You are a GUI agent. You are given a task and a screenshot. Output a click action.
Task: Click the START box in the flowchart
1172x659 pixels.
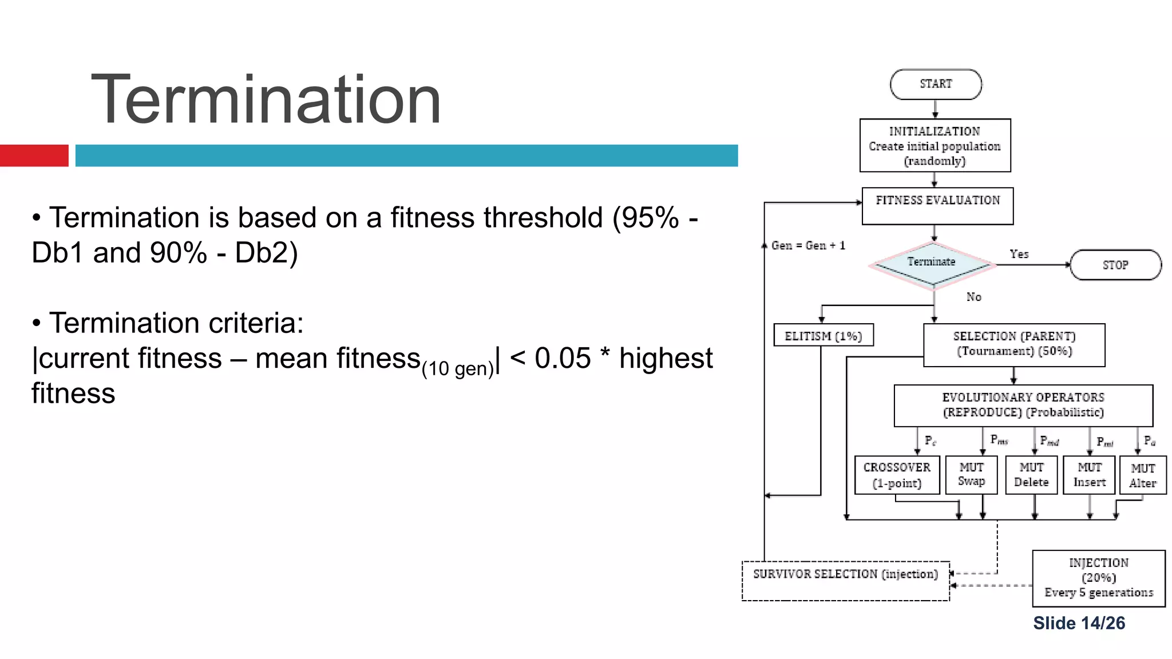pos(936,84)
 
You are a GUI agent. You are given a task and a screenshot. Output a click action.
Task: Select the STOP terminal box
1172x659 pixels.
pos(1115,265)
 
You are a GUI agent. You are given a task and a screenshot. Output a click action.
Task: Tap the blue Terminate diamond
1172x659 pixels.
pos(932,263)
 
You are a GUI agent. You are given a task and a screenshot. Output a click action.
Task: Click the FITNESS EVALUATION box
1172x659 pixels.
pos(937,205)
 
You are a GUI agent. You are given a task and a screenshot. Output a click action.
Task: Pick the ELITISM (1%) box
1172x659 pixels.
pos(823,336)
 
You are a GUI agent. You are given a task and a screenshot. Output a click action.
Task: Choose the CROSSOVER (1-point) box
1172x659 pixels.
pos(897,475)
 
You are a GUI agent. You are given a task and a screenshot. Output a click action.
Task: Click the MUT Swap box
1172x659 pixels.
pos(971,475)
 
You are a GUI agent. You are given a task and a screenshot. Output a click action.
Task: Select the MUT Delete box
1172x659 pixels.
pos(1031,475)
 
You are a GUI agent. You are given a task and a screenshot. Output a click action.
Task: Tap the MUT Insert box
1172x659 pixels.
pos(1089,475)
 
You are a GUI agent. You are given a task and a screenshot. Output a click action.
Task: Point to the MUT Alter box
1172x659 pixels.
pos(1143,475)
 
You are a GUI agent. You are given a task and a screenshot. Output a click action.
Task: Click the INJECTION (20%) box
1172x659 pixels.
pos(1099,578)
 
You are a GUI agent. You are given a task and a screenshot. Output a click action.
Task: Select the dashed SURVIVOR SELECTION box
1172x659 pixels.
pos(845,580)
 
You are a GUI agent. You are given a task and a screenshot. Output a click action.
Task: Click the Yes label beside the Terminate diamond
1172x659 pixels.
pos(1019,254)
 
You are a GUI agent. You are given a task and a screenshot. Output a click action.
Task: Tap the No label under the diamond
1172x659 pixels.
pos(974,297)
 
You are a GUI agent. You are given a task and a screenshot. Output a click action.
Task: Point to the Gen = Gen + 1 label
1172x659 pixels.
pos(808,245)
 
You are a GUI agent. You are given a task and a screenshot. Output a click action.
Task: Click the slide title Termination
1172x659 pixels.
pos(266,100)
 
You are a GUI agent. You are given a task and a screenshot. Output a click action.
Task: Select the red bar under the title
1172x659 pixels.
pos(34,156)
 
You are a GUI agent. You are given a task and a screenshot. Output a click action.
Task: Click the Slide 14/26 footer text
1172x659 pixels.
pos(1079,623)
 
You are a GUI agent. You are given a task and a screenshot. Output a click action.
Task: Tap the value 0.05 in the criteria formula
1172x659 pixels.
pos(562,359)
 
